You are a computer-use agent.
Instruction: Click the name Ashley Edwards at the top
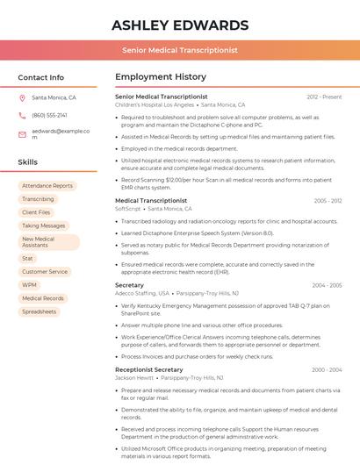pos(180,25)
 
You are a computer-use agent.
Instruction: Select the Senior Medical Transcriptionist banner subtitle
pos(180,50)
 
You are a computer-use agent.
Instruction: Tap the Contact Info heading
pos(41,77)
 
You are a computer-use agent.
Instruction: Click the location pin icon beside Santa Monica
pos(22,98)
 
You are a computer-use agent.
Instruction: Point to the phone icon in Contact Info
pos(22,115)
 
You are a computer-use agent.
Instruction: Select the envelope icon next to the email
pos(22,133)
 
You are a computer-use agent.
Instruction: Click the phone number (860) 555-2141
pos(49,115)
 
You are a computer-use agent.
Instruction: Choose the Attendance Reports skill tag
pos(47,186)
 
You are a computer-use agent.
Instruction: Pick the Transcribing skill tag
pos(38,199)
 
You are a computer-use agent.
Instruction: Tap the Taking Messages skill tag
pos(44,225)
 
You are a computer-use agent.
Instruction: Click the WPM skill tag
pos(30,285)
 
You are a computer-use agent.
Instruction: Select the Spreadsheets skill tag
pos(40,311)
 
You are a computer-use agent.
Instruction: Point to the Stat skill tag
pos(28,259)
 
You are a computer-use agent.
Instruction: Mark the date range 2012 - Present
pos(324,97)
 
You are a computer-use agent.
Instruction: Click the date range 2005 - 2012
pos(328,201)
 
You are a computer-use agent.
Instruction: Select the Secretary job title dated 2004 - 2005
pos(129,285)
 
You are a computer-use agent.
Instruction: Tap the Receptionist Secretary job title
pos(149,369)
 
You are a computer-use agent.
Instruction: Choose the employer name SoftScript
pos(128,209)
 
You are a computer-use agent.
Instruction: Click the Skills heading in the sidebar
pos(28,162)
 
